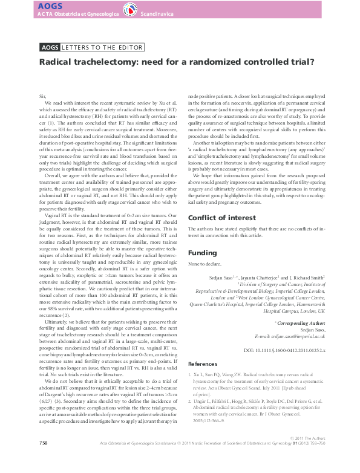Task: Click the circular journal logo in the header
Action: click(x=129, y=10)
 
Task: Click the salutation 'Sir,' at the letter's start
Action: click(x=42, y=97)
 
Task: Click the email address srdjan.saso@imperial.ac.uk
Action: click(x=298, y=336)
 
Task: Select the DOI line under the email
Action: click(x=284, y=350)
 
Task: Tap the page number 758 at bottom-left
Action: click(x=43, y=460)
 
